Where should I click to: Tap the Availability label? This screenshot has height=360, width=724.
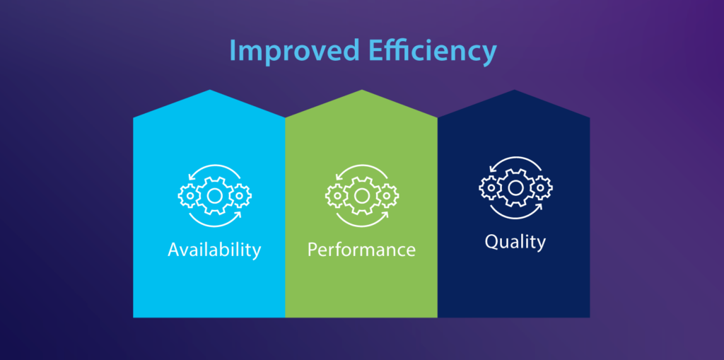(214, 250)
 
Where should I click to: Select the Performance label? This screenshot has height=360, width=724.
(361, 250)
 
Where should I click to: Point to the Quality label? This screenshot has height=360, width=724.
(515, 242)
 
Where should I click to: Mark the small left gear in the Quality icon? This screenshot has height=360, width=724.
(489, 187)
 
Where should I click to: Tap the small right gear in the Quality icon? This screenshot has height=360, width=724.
(541, 187)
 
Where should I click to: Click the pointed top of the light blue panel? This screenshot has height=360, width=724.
(209, 92)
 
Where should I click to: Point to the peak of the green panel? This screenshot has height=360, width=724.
(362, 92)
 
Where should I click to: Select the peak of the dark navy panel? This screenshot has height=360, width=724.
(514, 92)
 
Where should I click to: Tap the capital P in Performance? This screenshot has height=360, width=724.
(313, 250)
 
